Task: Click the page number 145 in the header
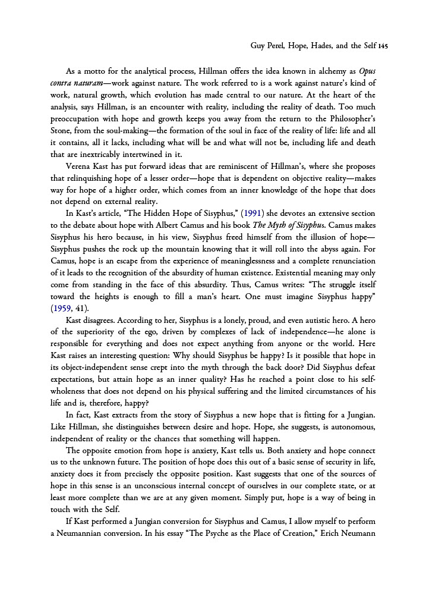point(381,45)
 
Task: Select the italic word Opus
point(368,71)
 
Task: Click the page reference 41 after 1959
point(83,309)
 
